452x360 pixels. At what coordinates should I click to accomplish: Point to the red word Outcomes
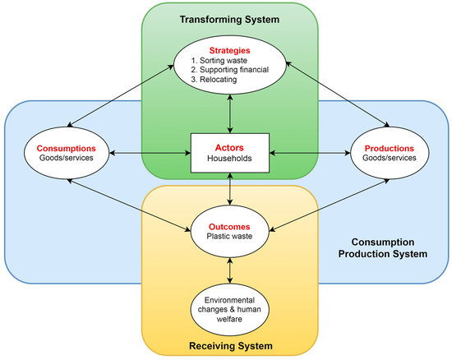tap(228, 224)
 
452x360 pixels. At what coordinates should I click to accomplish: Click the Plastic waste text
tap(228, 237)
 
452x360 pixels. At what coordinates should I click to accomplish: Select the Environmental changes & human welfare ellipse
tap(228, 302)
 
